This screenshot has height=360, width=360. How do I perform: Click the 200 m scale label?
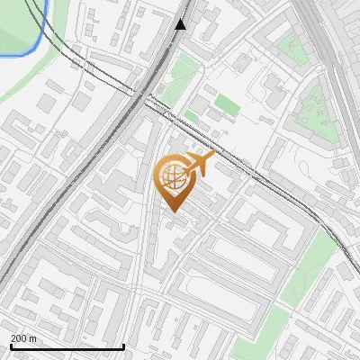[23, 338]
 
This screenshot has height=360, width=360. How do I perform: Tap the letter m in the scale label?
[32, 338]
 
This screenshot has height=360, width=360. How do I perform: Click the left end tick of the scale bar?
[10, 346]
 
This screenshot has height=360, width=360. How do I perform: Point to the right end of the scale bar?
[123, 346]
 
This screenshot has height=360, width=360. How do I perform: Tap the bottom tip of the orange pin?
[173, 211]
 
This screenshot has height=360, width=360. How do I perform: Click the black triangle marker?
[181, 24]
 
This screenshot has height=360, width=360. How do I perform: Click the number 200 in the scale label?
[19, 338]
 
